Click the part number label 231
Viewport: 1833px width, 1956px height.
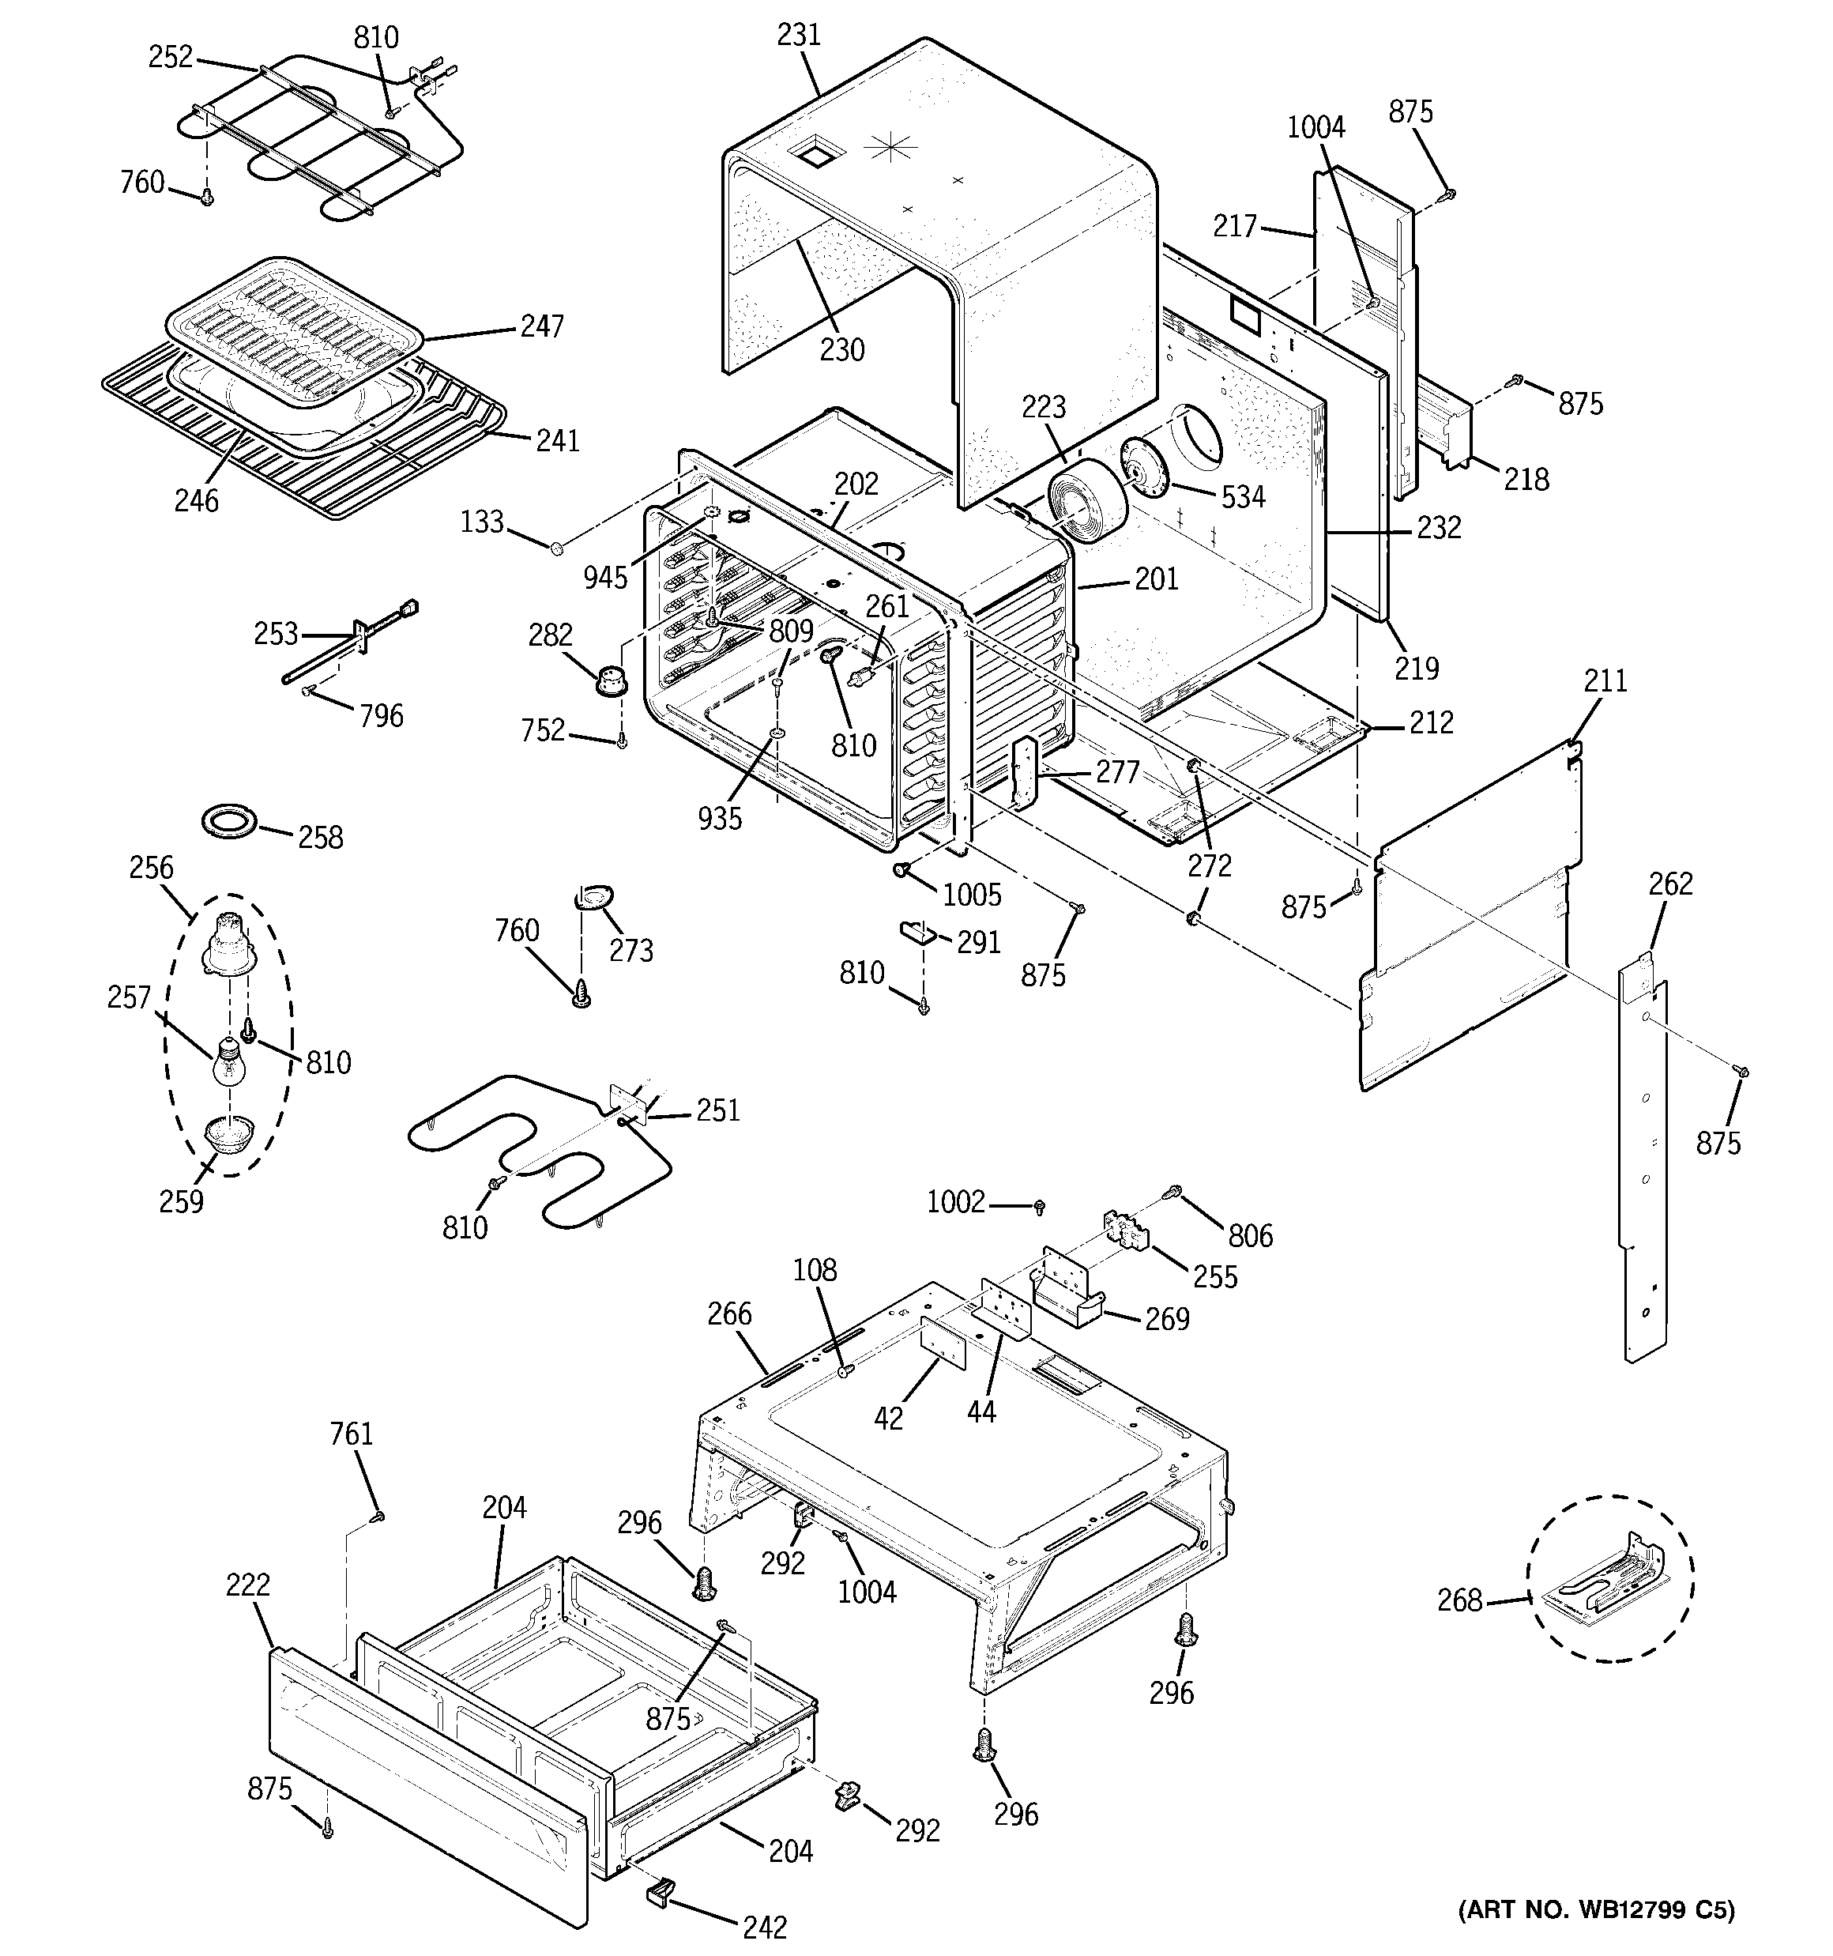[798, 35]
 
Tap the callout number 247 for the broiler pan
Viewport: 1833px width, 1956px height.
[542, 326]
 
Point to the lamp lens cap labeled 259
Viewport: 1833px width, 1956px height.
[228, 1134]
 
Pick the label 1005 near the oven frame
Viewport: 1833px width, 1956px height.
[972, 895]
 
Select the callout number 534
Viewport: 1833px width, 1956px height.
[1243, 497]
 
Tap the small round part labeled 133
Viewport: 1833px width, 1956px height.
[556, 546]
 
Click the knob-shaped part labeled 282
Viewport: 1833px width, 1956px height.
[613, 678]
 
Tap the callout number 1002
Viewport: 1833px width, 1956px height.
[955, 1201]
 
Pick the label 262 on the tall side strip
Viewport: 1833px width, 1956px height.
[1671, 884]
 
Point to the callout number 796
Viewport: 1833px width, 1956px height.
[381, 715]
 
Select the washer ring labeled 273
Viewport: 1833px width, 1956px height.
[593, 897]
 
